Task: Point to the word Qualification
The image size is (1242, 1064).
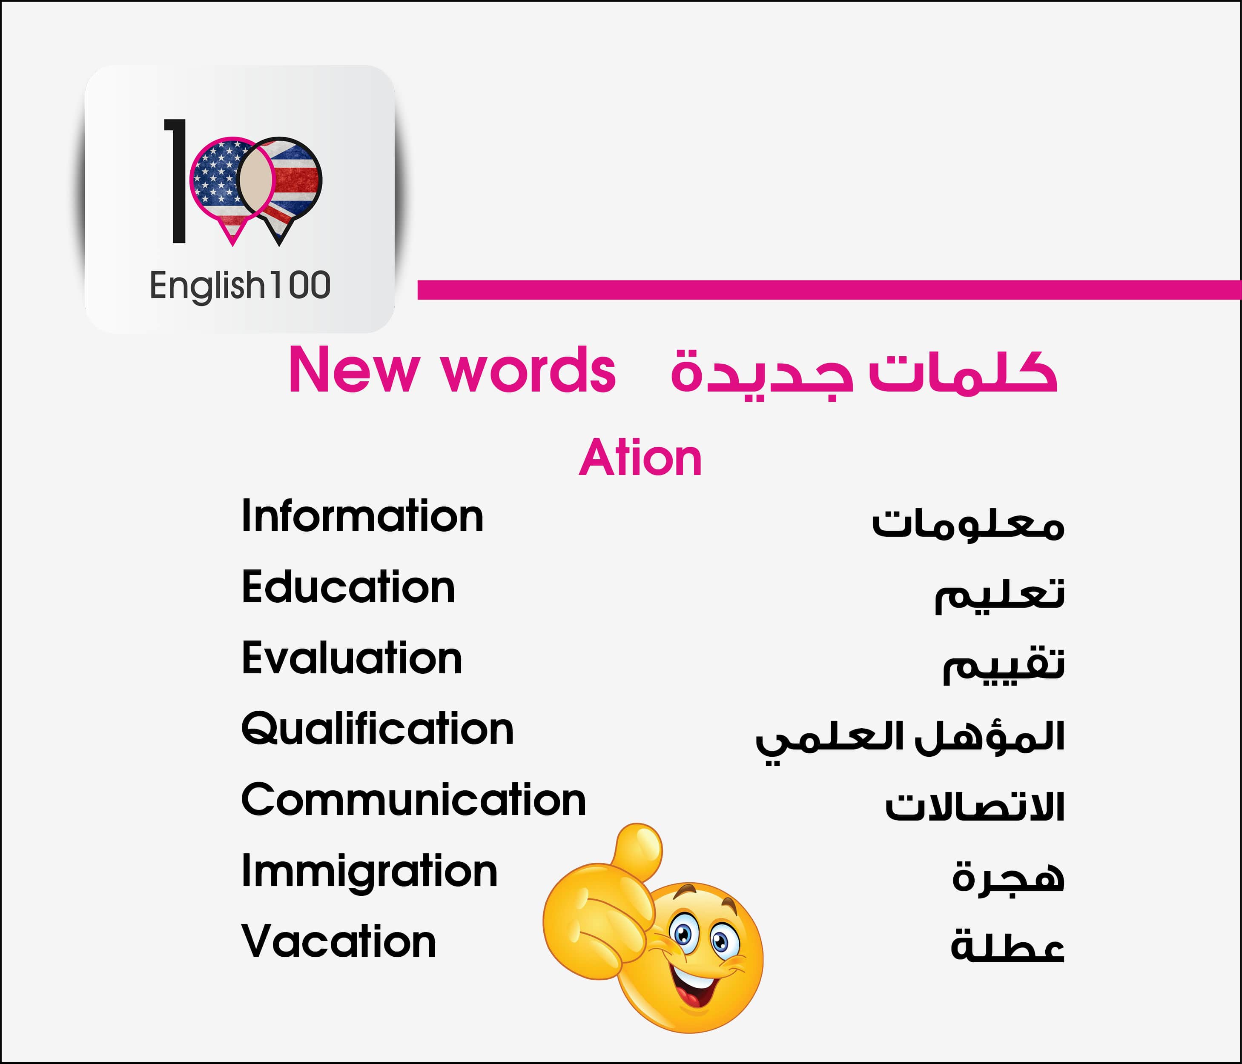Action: (378, 729)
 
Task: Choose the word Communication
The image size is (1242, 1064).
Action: (413, 799)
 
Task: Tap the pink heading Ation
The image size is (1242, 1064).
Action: (640, 458)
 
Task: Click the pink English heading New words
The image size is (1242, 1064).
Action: (452, 370)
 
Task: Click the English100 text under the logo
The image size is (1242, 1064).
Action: (240, 286)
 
